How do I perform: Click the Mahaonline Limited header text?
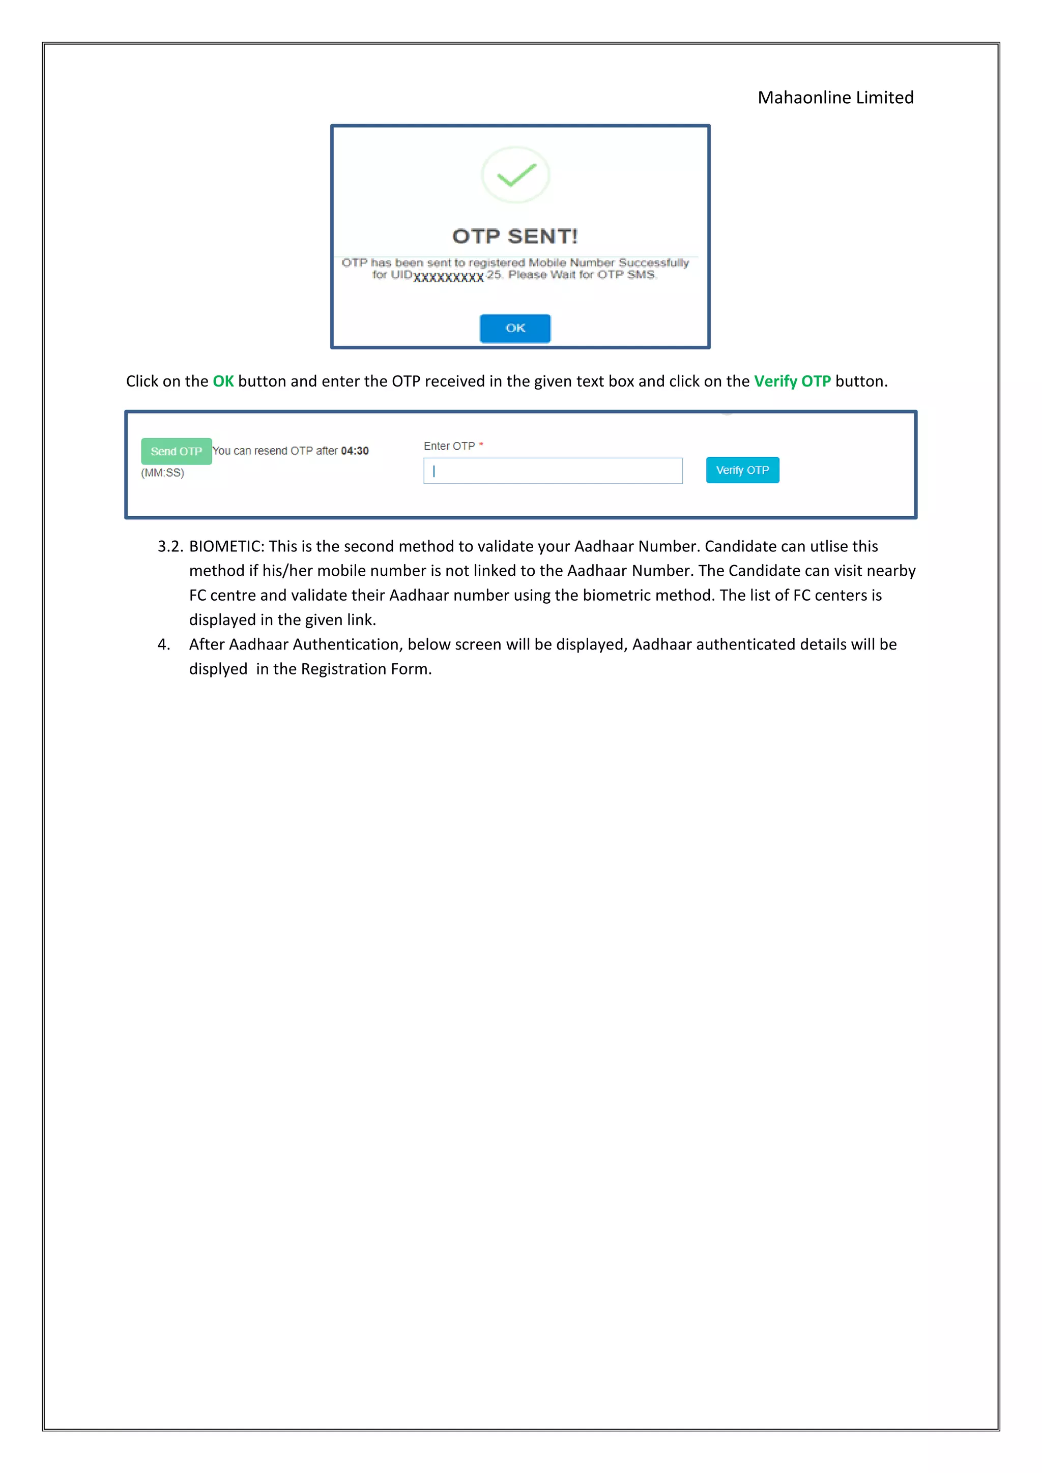point(835,98)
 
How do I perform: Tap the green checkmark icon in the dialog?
point(516,174)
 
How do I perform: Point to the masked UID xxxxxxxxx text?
point(448,277)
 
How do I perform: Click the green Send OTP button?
point(177,451)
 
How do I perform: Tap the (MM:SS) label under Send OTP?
point(162,473)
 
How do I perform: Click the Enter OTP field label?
point(449,446)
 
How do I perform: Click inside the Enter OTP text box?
point(553,471)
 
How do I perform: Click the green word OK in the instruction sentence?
point(223,381)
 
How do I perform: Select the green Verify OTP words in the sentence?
point(792,381)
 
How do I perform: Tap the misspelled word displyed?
point(218,669)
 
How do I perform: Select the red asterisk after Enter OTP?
point(481,444)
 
